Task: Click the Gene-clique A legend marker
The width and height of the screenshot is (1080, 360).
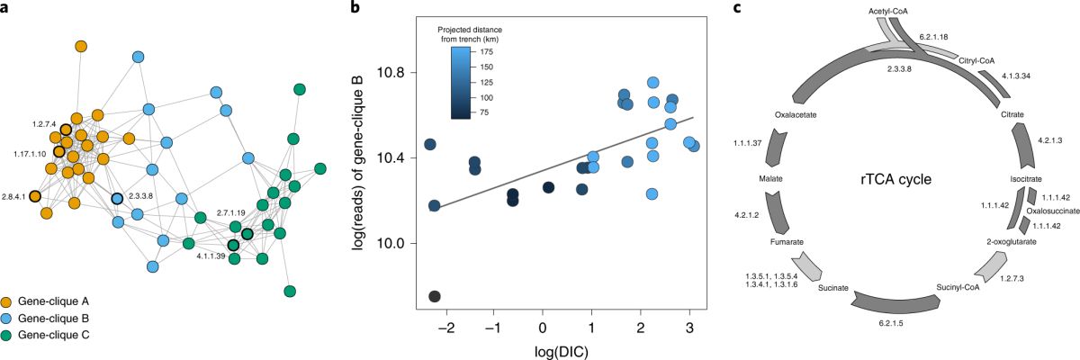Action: [8, 301]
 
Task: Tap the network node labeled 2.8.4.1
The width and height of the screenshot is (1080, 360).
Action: [35, 196]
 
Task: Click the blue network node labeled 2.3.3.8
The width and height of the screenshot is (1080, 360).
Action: [116, 198]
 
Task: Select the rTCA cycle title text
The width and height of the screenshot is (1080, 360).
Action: [893, 178]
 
